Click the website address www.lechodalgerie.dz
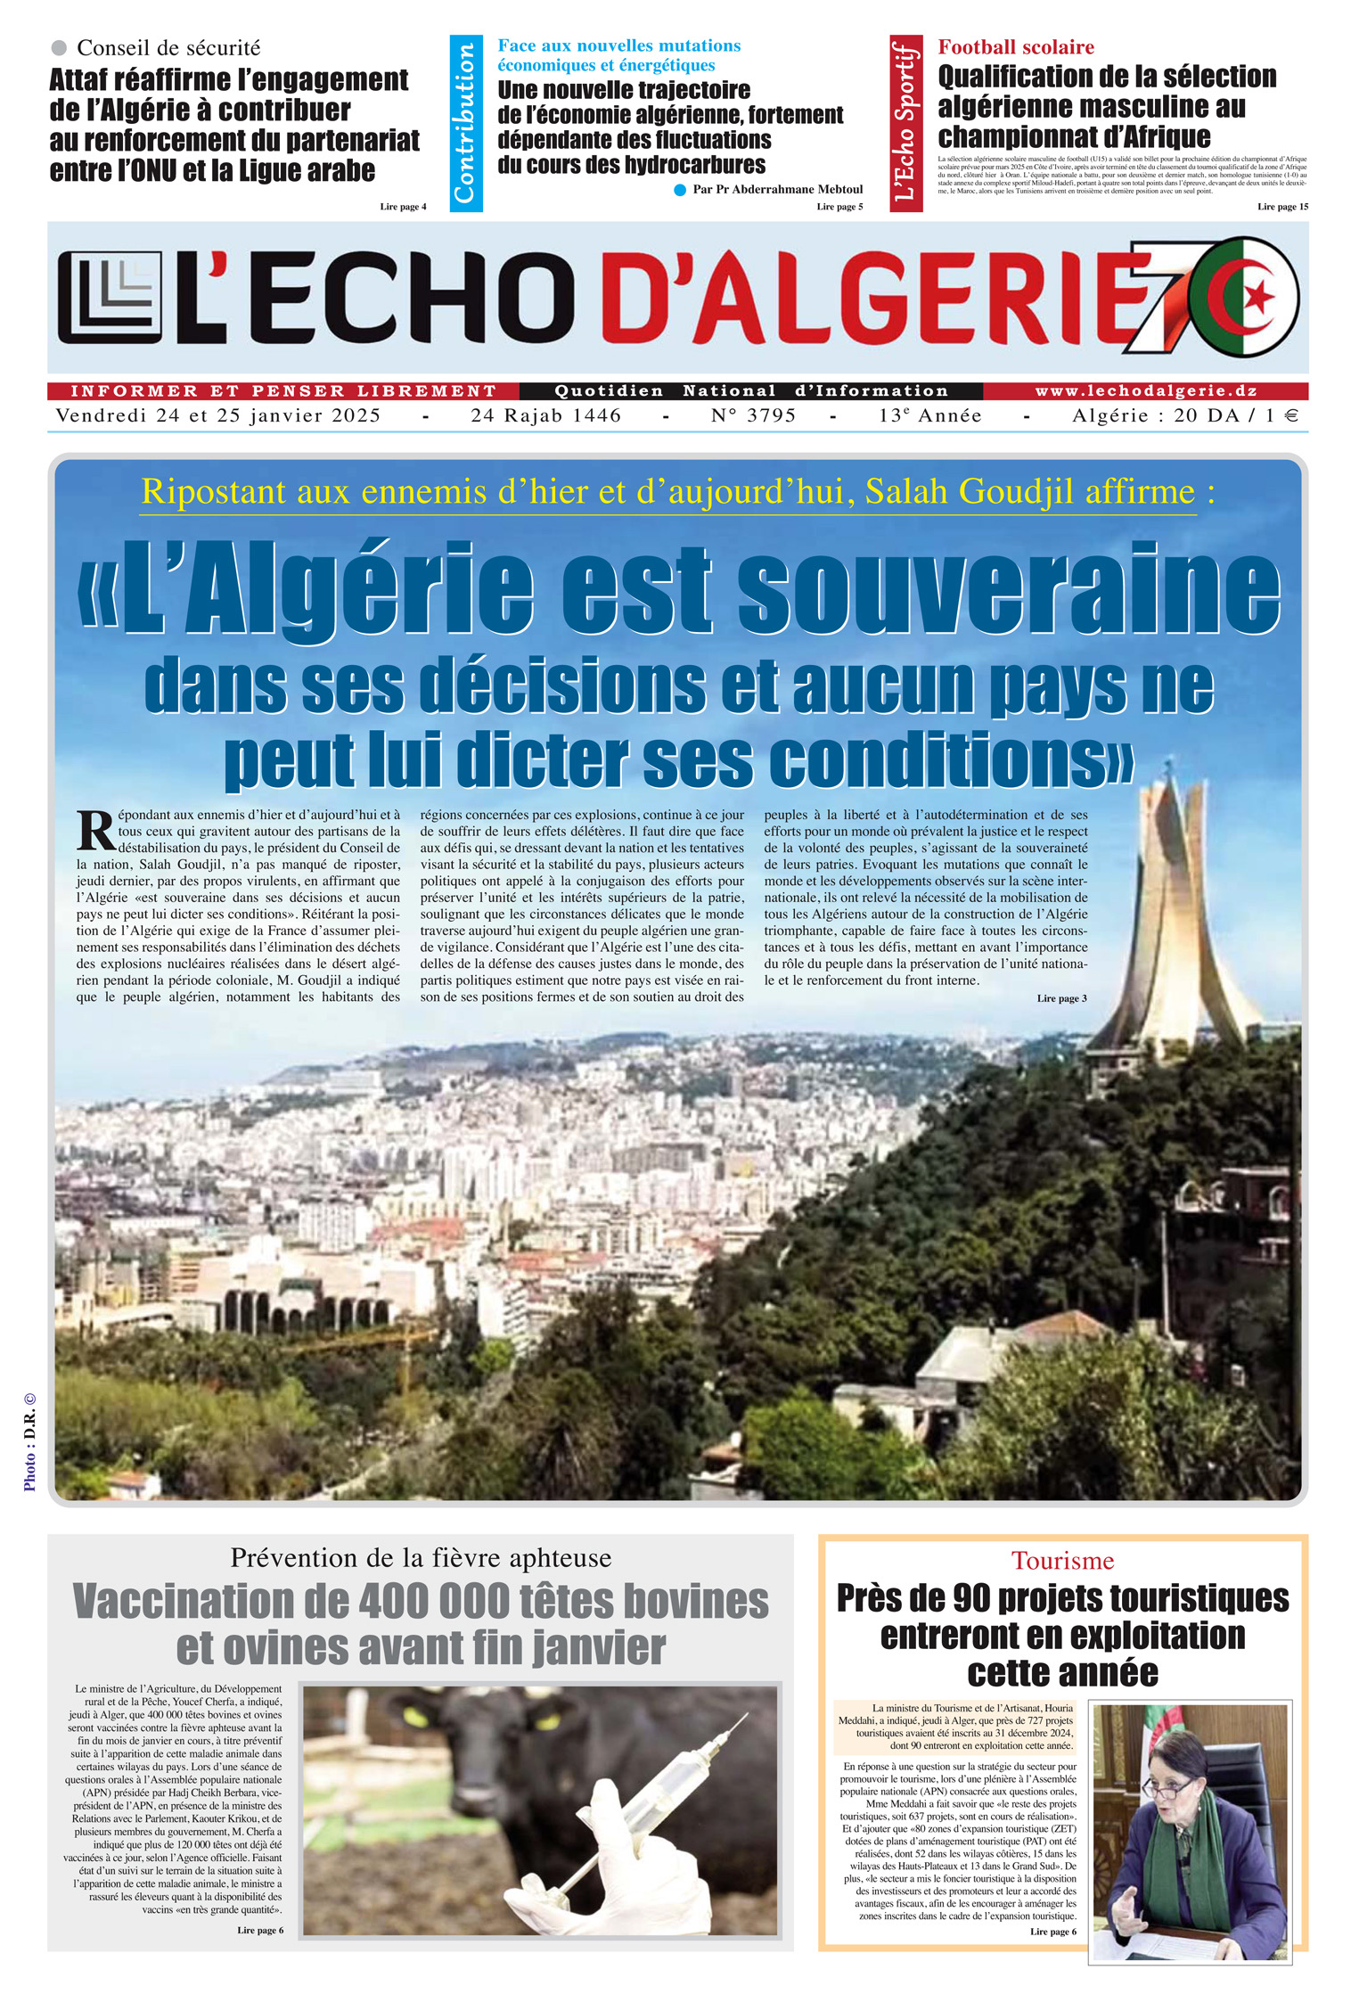click(1145, 390)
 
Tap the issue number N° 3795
click(753, 415)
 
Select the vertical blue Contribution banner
click(466, 123)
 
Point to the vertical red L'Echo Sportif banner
click(905, 123)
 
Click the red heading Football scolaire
click(1015, 47)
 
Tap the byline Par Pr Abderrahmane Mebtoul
click(777, 189)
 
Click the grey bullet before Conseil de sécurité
click(60, 47)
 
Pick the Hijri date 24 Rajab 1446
click(545, 415)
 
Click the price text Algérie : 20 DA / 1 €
click(1185, 415)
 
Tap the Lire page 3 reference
click(1061, 998)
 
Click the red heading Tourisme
click(1062, 1560)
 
